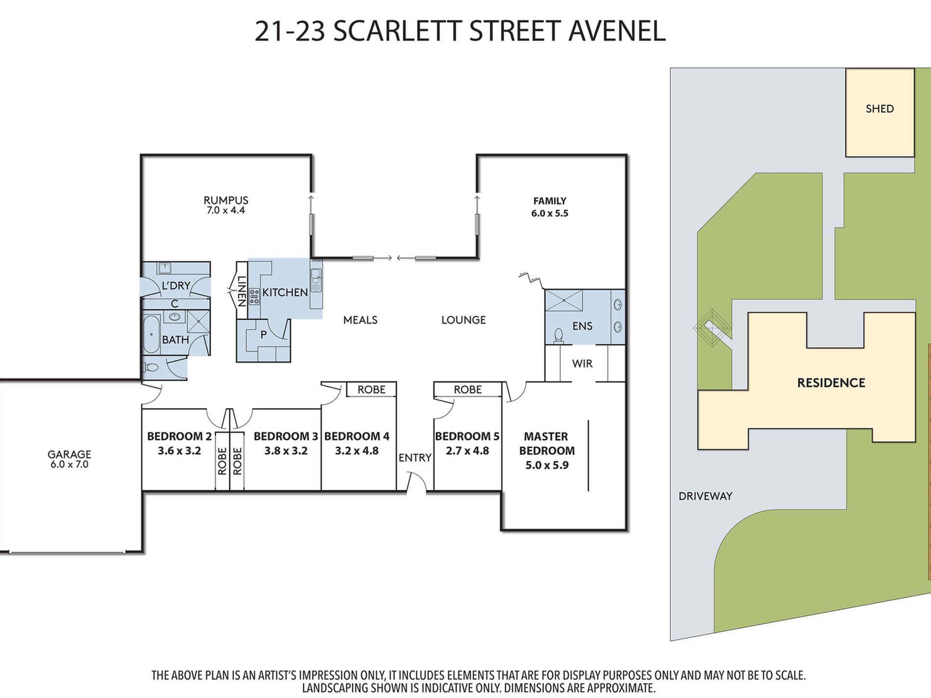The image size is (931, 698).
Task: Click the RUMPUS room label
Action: click(226, 200)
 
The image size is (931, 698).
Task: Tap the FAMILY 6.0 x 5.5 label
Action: click(550, 207)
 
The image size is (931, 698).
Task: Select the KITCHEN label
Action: click(285, 292)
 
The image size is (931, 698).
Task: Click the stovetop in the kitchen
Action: click(254, 296)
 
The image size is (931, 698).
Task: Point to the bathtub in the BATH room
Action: click(151, 335)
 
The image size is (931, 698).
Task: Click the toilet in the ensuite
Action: click(558, 335)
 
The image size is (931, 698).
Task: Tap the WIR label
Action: click(582, 363)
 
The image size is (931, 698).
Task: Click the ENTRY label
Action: click(415, 457)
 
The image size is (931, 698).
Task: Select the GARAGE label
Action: click(69, 454)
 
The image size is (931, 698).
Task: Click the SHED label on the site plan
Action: click(880, 109)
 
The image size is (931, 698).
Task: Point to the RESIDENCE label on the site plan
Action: click(831, 383)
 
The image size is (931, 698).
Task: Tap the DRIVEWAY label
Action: click(705, 496)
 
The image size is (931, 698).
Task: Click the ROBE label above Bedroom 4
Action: click(371, 389)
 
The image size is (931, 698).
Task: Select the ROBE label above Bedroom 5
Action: click(467, 389)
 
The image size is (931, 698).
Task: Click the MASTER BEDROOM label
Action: click(546, 443)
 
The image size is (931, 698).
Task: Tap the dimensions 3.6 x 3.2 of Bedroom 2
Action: click(179, 451)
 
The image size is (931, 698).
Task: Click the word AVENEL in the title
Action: click(617, 31)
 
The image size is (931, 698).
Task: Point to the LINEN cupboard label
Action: click(242, 291)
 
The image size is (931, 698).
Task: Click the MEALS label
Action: click(360, 320)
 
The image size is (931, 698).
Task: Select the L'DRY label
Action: click(176, 285)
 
